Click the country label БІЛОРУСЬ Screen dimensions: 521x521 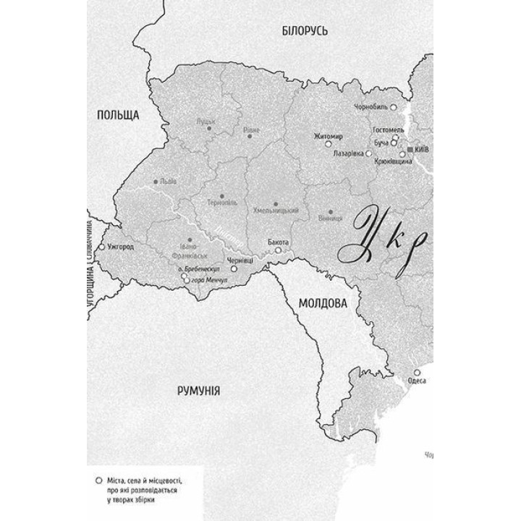(x=305, y=30)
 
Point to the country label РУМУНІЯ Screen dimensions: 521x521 (x=199, y=391)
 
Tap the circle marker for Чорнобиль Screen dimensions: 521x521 (x=394, y=106)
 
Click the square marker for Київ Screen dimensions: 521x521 (x=410, y=148)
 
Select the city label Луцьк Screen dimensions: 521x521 (x=206, y=122)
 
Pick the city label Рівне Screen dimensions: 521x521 (x=251, y=130)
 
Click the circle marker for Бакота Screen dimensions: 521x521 (x=278, y=250)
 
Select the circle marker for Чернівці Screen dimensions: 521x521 (x=234, y=268)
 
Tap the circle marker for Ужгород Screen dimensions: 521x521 (x=101, y=247)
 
